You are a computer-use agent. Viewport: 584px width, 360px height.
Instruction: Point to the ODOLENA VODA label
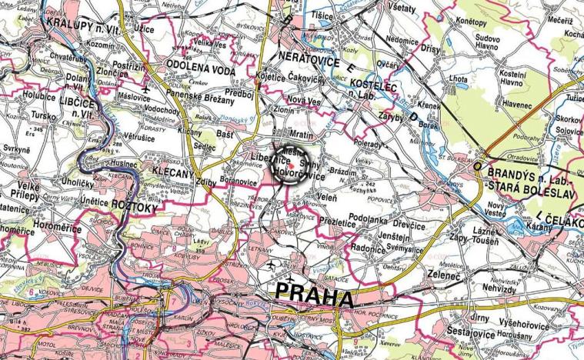coord(200,65)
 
